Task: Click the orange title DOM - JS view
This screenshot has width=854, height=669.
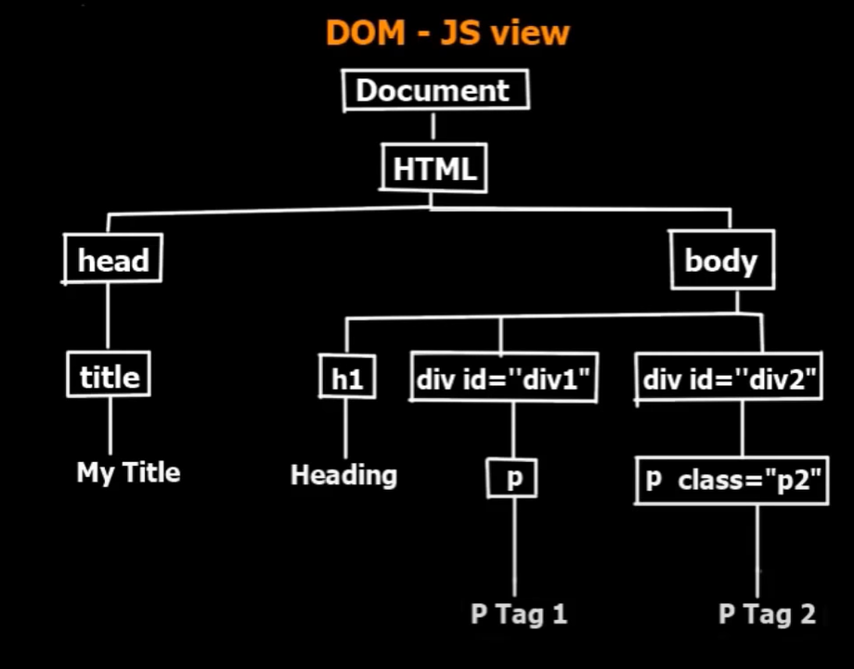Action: pyautogui.click(x=446, y=33)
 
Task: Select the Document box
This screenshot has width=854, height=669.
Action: pyautogui.click(x=433, y=91)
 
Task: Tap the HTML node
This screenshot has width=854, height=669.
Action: pyautogui.click(x=433, y=170)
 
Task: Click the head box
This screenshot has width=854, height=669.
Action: pyautogui.click(x=112, y=261)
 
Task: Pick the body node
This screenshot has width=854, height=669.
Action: pyautogui.click(x=721, y=261)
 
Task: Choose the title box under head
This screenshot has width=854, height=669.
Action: pyautogui.click(x=110, y=377)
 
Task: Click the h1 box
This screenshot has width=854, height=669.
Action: pyautogui.click(x=346, y=380)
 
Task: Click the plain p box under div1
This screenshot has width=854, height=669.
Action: pyautogui.click(x=512, y=480)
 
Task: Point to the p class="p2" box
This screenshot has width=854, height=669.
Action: pyautogui.click(x=731, y=481)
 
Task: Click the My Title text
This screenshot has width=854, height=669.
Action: pyautogui.click(x=128, y=472)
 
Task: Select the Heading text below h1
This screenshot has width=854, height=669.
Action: pyautogui.click(x=343, y=475)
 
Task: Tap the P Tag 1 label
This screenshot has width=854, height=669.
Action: pyautogui.click(x=518, y=614)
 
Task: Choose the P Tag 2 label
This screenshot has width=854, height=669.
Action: pyautogui.click(x=768, y=614)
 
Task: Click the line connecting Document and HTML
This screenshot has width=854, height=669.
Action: pyautogui.click(x=433, y=126)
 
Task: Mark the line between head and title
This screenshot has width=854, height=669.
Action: pyautogui.click(x=108, y=315)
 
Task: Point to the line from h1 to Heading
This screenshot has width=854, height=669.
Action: pyautogui.click(x=345, y=429)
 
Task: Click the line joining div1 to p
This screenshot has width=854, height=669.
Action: pyautogui.click(x=513, y=431)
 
